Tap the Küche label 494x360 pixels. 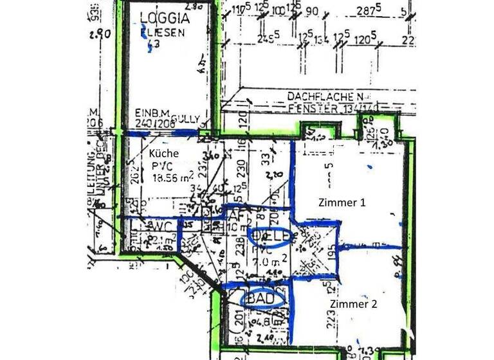(x=163, y=154)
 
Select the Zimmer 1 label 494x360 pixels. (x=342, y=202)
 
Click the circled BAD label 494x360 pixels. (x=262, y=299)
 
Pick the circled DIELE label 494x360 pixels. (x=270, y=236)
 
